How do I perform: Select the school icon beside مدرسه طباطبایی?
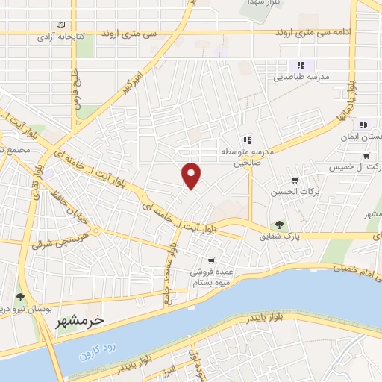(301, 65)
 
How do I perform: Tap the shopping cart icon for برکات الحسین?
(295, 180)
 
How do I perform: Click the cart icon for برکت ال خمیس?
(366, 156)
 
